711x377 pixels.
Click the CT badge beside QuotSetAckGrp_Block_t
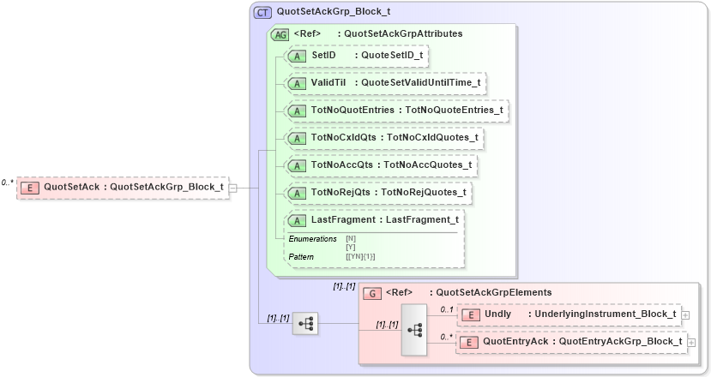tap(262, 13)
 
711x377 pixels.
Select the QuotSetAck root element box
tap(123, 187)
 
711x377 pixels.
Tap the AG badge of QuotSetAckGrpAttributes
tap(280, 34)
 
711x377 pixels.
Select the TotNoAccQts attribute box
tap(382, 165)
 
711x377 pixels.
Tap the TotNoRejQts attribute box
tap(378, 192)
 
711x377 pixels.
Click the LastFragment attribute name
tap(343, 220)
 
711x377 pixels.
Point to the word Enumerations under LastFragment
tap(312, 238)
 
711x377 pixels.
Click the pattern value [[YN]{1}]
tap(360, 256)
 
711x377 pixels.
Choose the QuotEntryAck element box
tap(573, 342)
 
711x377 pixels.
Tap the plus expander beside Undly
tap(685, 315)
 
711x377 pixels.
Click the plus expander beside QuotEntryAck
tap(691, 343)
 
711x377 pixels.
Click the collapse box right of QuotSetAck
tap(232, 188)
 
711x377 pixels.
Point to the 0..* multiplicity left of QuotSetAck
tap(8, 182)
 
